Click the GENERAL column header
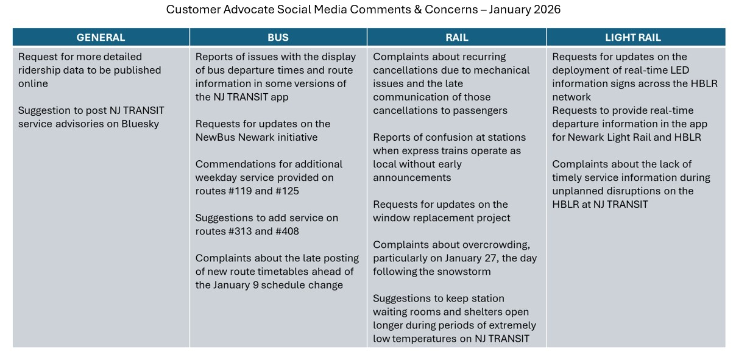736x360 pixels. tap(101, 38)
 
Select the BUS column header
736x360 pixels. tap(278, 38)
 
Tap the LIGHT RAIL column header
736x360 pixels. tap(633, 38)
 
